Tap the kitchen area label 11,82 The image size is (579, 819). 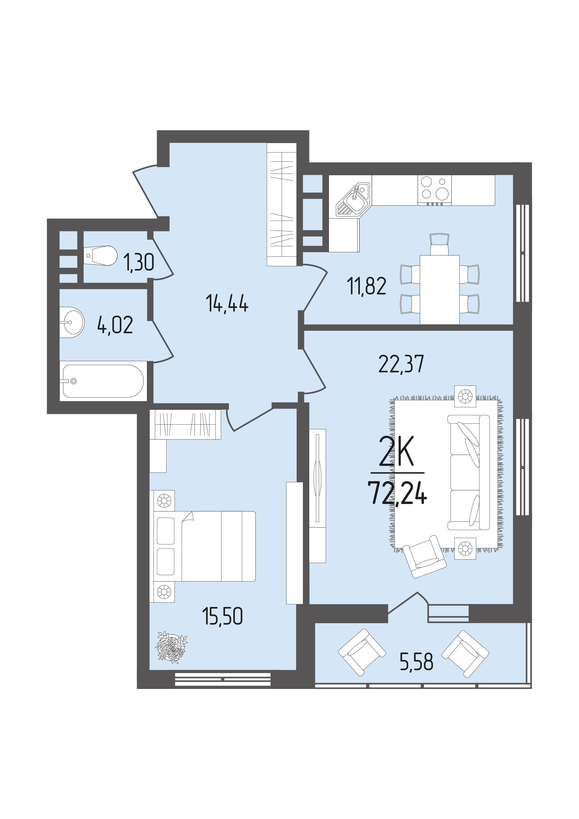click(366, 287)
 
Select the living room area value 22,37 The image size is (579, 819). click(401, 364)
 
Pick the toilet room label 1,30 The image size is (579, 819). click(139, 263)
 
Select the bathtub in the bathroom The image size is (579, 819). click(103, 381)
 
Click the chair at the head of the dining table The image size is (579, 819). click(440, 244)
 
